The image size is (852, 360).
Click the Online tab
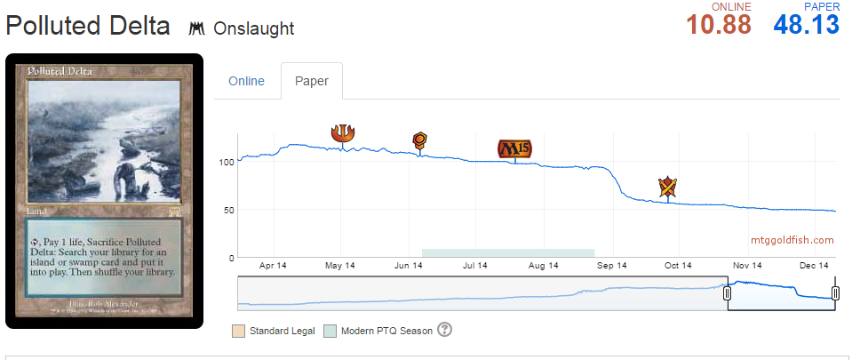246,81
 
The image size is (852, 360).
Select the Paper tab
312,81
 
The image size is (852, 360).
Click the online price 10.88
719,25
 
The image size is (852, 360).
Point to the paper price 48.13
806,25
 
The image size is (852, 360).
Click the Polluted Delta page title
88,26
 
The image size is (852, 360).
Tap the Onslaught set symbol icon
197,28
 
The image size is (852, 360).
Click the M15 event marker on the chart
514,148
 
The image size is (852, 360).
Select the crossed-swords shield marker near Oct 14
668,187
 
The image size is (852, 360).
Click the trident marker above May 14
342,132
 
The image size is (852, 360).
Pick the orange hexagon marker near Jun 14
420,140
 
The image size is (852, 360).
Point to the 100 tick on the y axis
226,162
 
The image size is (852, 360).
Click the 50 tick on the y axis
228,210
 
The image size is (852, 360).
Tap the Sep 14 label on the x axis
611,265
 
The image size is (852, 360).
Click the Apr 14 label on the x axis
273,265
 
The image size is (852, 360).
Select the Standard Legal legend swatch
238,331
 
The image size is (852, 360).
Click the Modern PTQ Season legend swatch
330,331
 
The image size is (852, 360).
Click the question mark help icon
445,330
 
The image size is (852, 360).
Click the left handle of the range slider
727,292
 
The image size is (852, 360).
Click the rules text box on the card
105,258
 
